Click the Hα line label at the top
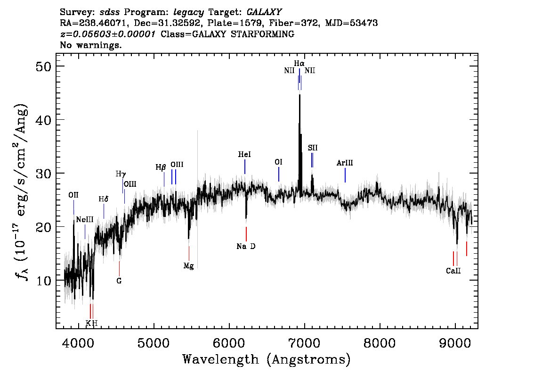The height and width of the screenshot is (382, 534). click(x=299, y=64)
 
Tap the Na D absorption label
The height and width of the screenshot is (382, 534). click(x=246, y=246)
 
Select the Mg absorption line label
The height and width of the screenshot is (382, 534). click(x=189, y=266)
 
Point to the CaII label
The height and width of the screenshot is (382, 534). click(x=453, y=271)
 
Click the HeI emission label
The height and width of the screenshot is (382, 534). click(x=244, y=155)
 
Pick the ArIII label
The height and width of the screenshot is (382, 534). click(x=345, y=163)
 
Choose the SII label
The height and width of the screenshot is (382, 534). click(x=312, y=148)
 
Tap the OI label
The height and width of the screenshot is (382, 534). click(x=279, y=162)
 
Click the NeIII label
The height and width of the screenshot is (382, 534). click(x=85, y=220)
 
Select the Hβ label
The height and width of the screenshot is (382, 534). click(x=161, y=167)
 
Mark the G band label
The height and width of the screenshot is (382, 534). click(x=119, y=281)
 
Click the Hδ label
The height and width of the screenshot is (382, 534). click(x=104, y=199)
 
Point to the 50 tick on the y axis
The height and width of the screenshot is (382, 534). click(x=45, y=66)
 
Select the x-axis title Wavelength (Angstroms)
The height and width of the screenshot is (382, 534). click(x=267, y=359)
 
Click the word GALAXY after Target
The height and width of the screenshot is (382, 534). click(x=264, y=12)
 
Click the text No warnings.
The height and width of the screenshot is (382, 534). click(x=90, y=45)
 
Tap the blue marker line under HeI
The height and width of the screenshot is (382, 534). click(x=245, y=167)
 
